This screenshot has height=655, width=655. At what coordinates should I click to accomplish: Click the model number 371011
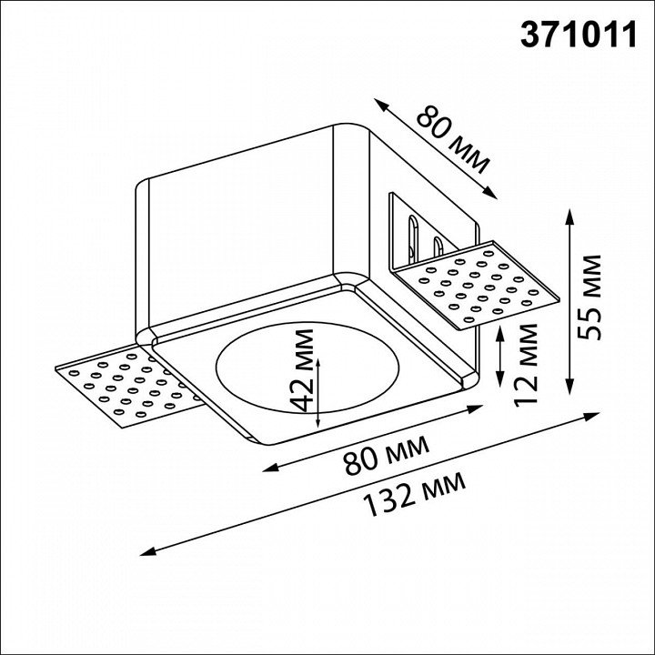(579, 35)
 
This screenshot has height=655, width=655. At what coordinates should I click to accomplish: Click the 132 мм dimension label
(414, 494)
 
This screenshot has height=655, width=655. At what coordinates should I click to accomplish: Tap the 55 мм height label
(589, 297)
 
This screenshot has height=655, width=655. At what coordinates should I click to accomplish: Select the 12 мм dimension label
(525, 365)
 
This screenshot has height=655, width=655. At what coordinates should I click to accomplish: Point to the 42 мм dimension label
(302, 370)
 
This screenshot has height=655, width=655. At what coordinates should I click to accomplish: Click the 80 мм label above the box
(452, 139)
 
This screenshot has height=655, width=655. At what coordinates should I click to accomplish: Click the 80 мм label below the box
(386, 455)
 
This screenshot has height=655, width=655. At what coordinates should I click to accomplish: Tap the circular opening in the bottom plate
(307, 367)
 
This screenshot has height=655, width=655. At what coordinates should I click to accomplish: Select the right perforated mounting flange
(476, 285)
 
